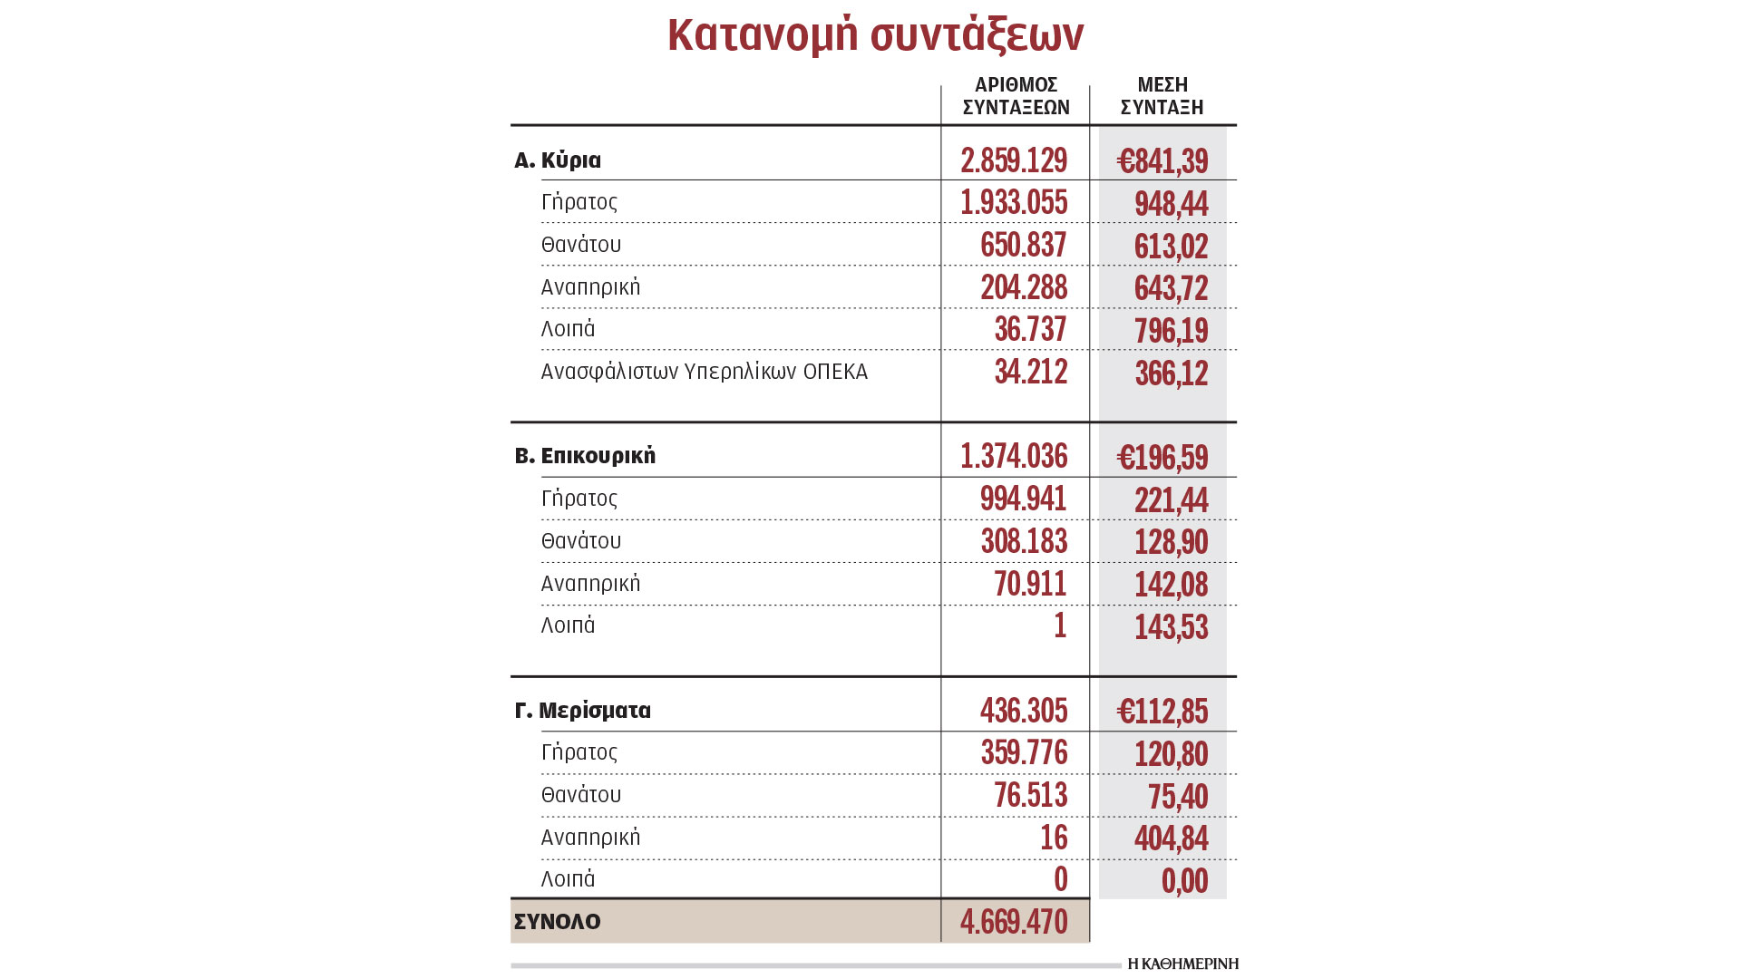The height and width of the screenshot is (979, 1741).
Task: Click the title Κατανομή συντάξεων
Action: [875, 36]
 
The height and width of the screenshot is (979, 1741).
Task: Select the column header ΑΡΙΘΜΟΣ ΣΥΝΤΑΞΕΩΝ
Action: [1016, 96]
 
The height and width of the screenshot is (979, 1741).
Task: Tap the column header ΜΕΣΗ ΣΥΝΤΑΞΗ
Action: [1162, 96]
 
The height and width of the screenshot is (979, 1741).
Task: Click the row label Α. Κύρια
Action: [558, 160]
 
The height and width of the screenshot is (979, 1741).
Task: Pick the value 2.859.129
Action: [1014, 160]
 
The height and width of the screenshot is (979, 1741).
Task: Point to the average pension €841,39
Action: [1162, 161]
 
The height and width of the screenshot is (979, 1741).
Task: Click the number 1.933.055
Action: [1014, 202]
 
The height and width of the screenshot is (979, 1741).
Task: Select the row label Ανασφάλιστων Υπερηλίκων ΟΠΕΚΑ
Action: [705, 372]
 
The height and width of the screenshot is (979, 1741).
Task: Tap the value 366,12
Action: [1171, 373]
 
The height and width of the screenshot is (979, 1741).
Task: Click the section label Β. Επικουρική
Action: [585, 456]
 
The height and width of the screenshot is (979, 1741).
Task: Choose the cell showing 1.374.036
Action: [1014, 456]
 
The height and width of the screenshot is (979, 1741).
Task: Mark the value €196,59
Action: [1162, 458]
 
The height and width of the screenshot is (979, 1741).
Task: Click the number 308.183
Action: [1024, 541]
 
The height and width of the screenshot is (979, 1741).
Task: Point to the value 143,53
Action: [1171, 627]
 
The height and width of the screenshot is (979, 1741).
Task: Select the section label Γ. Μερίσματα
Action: [583, 711]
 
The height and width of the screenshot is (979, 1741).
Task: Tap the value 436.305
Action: [1024, 711]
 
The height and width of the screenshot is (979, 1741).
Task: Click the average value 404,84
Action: [1171, 838]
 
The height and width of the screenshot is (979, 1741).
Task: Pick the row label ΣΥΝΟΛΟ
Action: [558, 922]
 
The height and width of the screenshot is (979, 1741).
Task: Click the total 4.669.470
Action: [1014, 922]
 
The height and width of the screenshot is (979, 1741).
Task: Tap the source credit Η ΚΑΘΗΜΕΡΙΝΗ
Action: [1182, 964]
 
